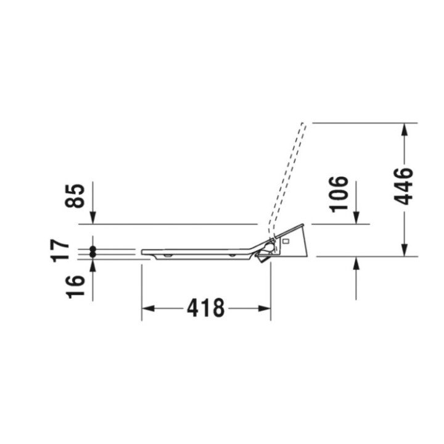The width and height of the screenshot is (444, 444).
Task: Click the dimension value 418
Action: pos(205,307)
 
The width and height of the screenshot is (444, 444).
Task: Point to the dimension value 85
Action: pos(75,196)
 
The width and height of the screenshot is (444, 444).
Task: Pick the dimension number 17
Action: pos(61,250)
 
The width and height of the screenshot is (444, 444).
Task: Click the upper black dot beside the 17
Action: pos(92,249)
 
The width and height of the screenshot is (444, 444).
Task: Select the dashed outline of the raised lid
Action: pos(289,173)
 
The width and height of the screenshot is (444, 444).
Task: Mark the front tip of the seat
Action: pos(143,252)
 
